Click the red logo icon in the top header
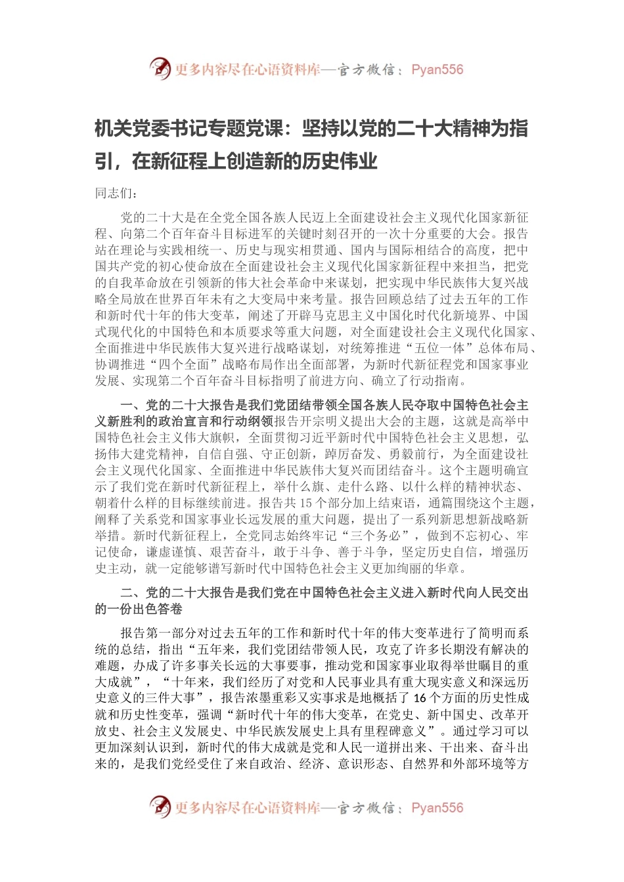point(160,68)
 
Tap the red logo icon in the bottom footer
point(160,807)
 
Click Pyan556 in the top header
point(437,70)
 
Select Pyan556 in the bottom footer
point(437,808)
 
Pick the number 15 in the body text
point(305,503)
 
